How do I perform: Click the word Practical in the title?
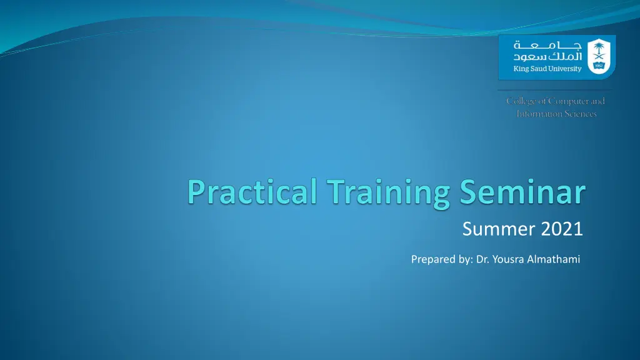(x=252, y=192)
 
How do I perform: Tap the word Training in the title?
(x=389, y=194)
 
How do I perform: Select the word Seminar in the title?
(x=523, y=192)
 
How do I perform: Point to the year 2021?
(x=562, y=229)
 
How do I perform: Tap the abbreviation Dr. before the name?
(x=483, y=259)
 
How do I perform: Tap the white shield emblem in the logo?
(x=599, y=56)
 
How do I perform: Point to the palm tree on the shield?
(x=599, y=48)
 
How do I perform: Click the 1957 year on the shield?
(x=599, y=66)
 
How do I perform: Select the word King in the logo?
(x=521, y=69)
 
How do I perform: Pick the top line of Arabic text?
(x=547, y=44)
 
